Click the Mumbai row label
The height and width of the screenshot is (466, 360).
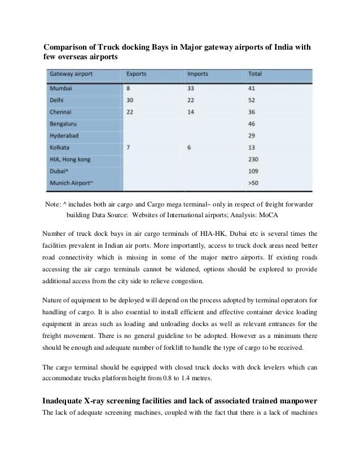tap(62, 88)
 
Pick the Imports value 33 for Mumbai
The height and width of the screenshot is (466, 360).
tap(192, 88)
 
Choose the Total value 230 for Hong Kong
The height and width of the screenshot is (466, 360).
tap(254, 160)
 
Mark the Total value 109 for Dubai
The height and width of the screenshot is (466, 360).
tap(254, 172)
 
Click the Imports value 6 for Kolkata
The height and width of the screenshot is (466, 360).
tap(189, 148)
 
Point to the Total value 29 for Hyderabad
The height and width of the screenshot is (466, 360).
tap(252, 136)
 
